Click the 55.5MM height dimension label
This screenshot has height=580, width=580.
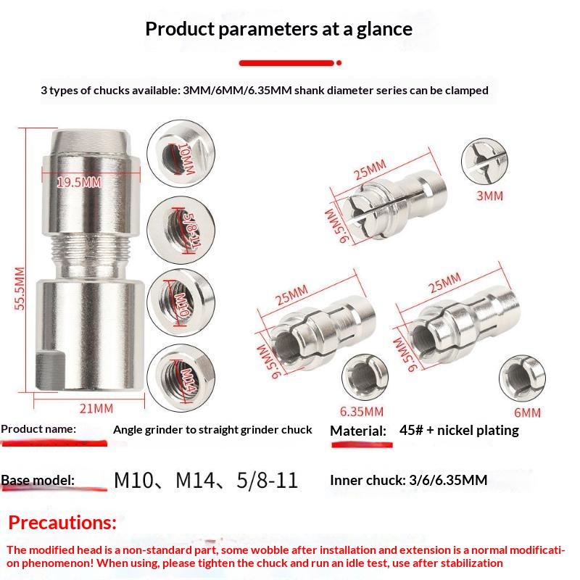(20, 289)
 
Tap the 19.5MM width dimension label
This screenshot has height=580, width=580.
(79, 182)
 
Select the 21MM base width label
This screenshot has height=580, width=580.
(96, 409)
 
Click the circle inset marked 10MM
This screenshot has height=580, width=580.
(181, 153)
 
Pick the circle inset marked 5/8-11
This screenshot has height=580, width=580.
(181, 229)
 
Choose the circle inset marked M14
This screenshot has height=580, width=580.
(181, 378)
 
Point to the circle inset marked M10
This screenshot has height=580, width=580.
(181, 302)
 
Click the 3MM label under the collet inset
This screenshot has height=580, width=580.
(489, 196)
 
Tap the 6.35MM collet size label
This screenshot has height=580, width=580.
(361, 411)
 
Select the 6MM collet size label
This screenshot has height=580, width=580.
(527, 413)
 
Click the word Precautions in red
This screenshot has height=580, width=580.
(62, 523)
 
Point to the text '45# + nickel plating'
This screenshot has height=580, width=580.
(459, 430)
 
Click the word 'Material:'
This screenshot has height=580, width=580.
(357, 431)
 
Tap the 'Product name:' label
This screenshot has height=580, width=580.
(38, 429)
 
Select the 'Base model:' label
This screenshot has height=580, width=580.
(38, 480)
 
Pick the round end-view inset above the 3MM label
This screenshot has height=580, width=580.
(484, 161)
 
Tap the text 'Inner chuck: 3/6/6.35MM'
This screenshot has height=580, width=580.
(408, 480)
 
